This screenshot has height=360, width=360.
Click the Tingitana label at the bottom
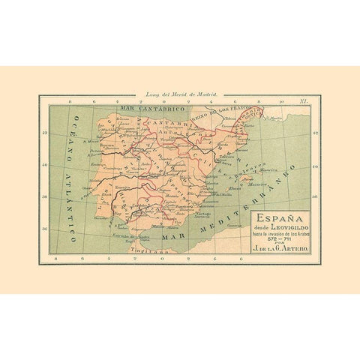[148, 250]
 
